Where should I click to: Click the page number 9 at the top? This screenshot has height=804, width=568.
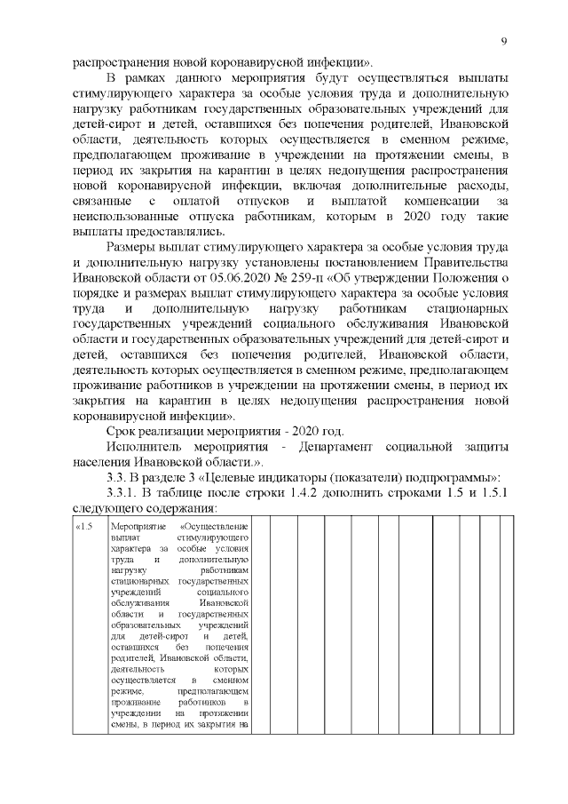503,42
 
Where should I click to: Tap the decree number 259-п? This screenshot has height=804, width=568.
312,277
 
